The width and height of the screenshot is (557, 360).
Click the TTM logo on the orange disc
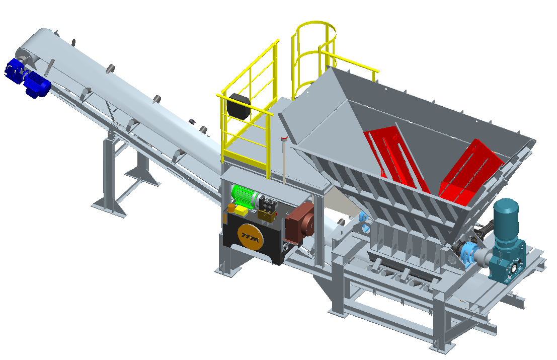point(251,236)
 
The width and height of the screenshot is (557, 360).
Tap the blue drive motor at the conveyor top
point(28,78)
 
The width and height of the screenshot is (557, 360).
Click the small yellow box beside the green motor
point(241,211)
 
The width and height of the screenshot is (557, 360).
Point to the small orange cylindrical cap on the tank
point(231,208)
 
